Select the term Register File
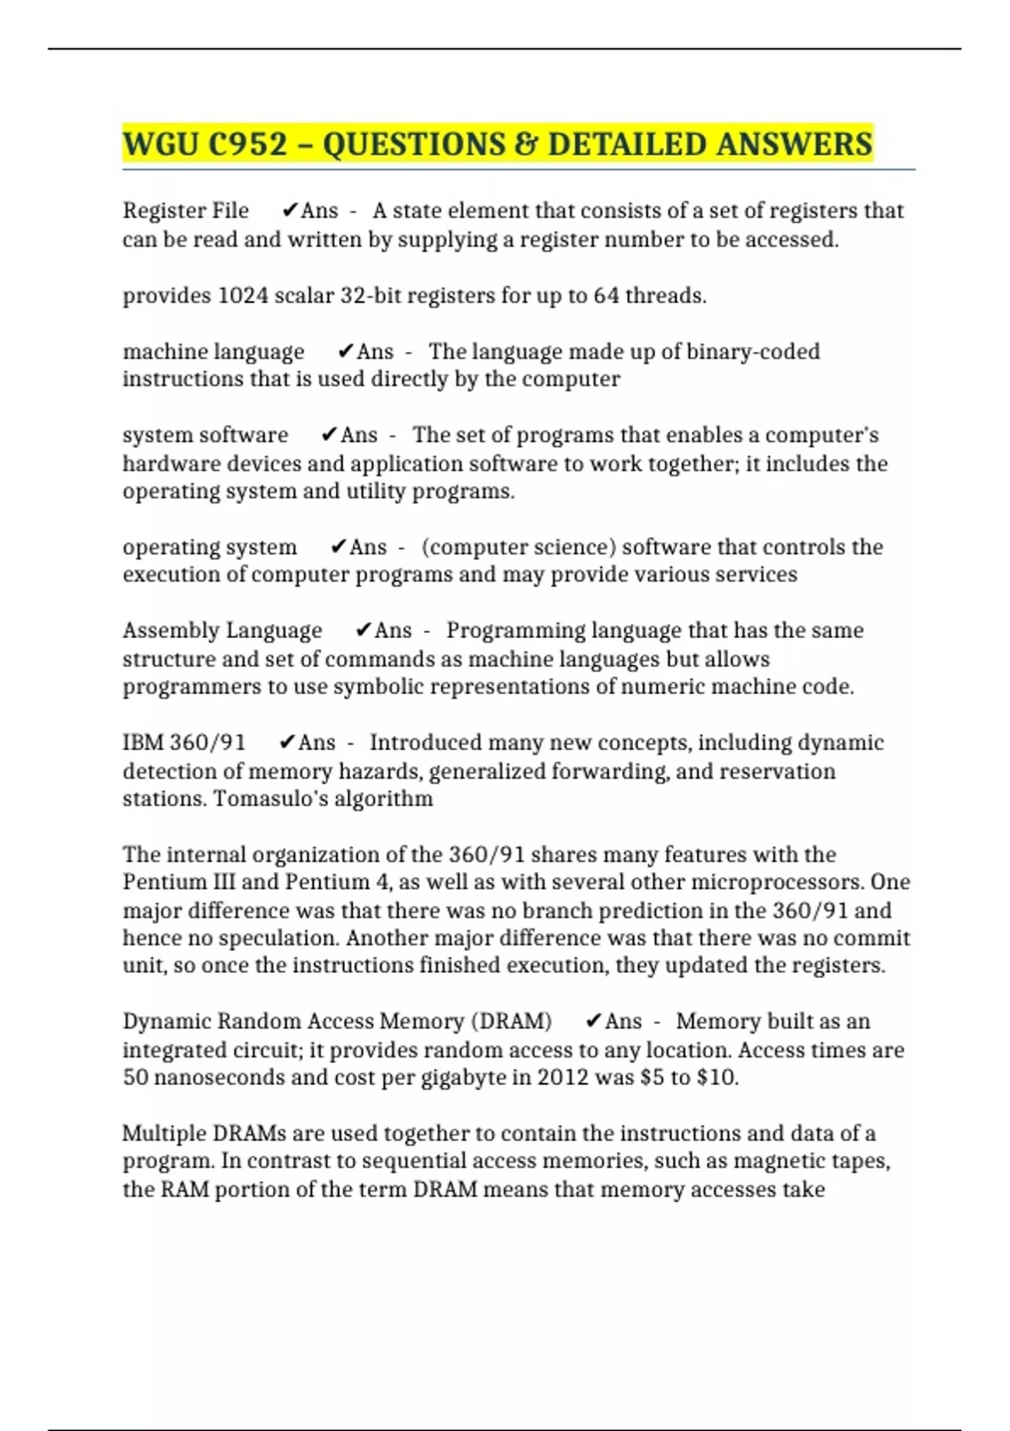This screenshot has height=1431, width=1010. [x=185, y=210]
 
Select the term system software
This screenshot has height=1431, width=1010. [x=205, y=435]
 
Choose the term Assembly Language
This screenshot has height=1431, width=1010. [x=222, y=630]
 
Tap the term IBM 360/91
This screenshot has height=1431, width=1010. [x=184, y=742]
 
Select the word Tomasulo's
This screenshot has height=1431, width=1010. [x=269, y=798]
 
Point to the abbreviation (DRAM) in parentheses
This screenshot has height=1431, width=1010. [x=513, y=1021]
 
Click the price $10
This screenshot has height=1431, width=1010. [x=717, y=1077]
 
